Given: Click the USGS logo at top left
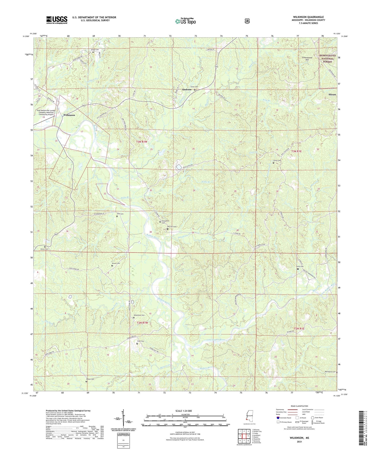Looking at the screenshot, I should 57,20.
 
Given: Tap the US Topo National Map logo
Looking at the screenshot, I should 185,21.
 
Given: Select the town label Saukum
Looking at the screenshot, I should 187,90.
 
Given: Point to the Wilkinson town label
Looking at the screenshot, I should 69,115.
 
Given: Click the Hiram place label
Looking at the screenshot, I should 332,95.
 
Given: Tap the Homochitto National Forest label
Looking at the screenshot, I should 328,59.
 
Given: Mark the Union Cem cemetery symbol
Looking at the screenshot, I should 195,90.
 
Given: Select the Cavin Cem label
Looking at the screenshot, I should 277,160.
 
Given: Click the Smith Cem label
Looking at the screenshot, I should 300,267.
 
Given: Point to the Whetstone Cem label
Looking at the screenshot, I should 139,315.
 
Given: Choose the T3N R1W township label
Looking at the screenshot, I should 142,142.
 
